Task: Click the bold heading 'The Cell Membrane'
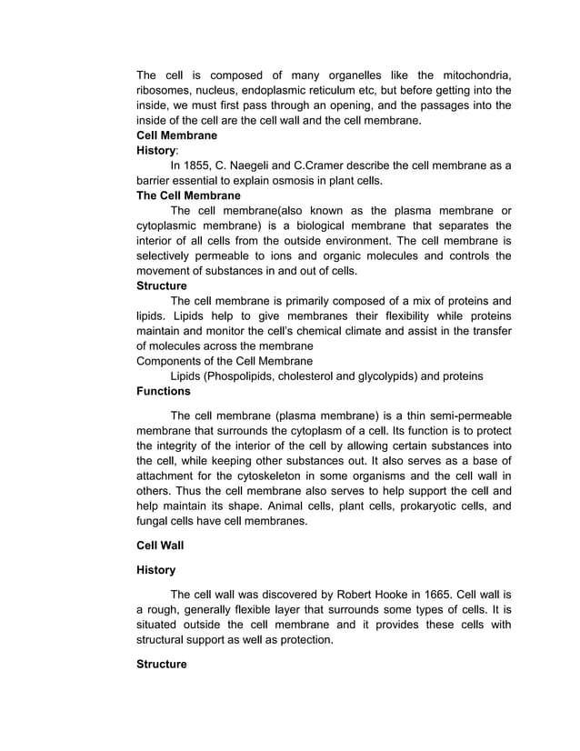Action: [188, 195]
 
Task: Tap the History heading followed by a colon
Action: [157, 150]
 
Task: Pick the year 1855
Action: [215, 165]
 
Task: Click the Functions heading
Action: [164, 391]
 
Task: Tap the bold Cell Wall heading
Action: [162, 546]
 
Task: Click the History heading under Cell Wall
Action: [156, 570]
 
